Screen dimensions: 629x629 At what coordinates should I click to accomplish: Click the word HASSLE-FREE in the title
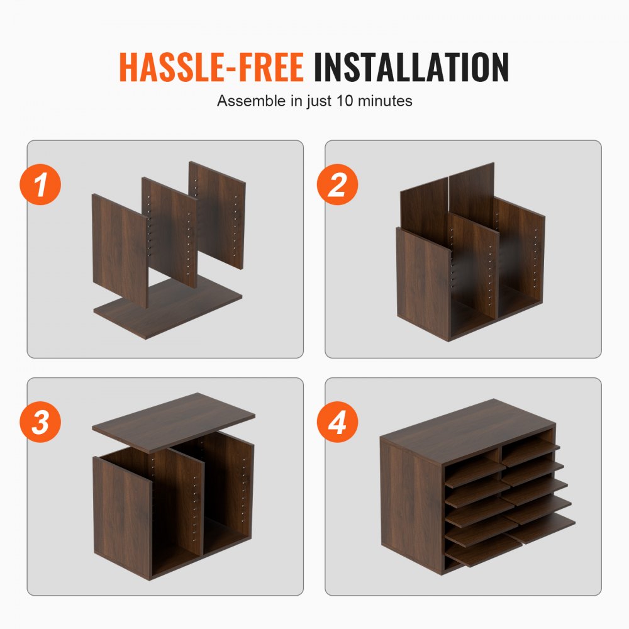211,67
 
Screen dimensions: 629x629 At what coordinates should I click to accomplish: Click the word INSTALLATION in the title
411,67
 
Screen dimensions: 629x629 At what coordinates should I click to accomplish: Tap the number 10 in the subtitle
363,101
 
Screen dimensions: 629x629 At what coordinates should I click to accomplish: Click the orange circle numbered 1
41,185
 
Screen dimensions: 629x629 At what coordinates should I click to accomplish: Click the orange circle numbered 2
338,185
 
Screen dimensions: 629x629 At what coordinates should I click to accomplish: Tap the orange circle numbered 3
41,422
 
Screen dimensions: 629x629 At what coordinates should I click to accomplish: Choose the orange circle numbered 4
338,422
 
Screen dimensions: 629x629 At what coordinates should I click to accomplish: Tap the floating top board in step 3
173,420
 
